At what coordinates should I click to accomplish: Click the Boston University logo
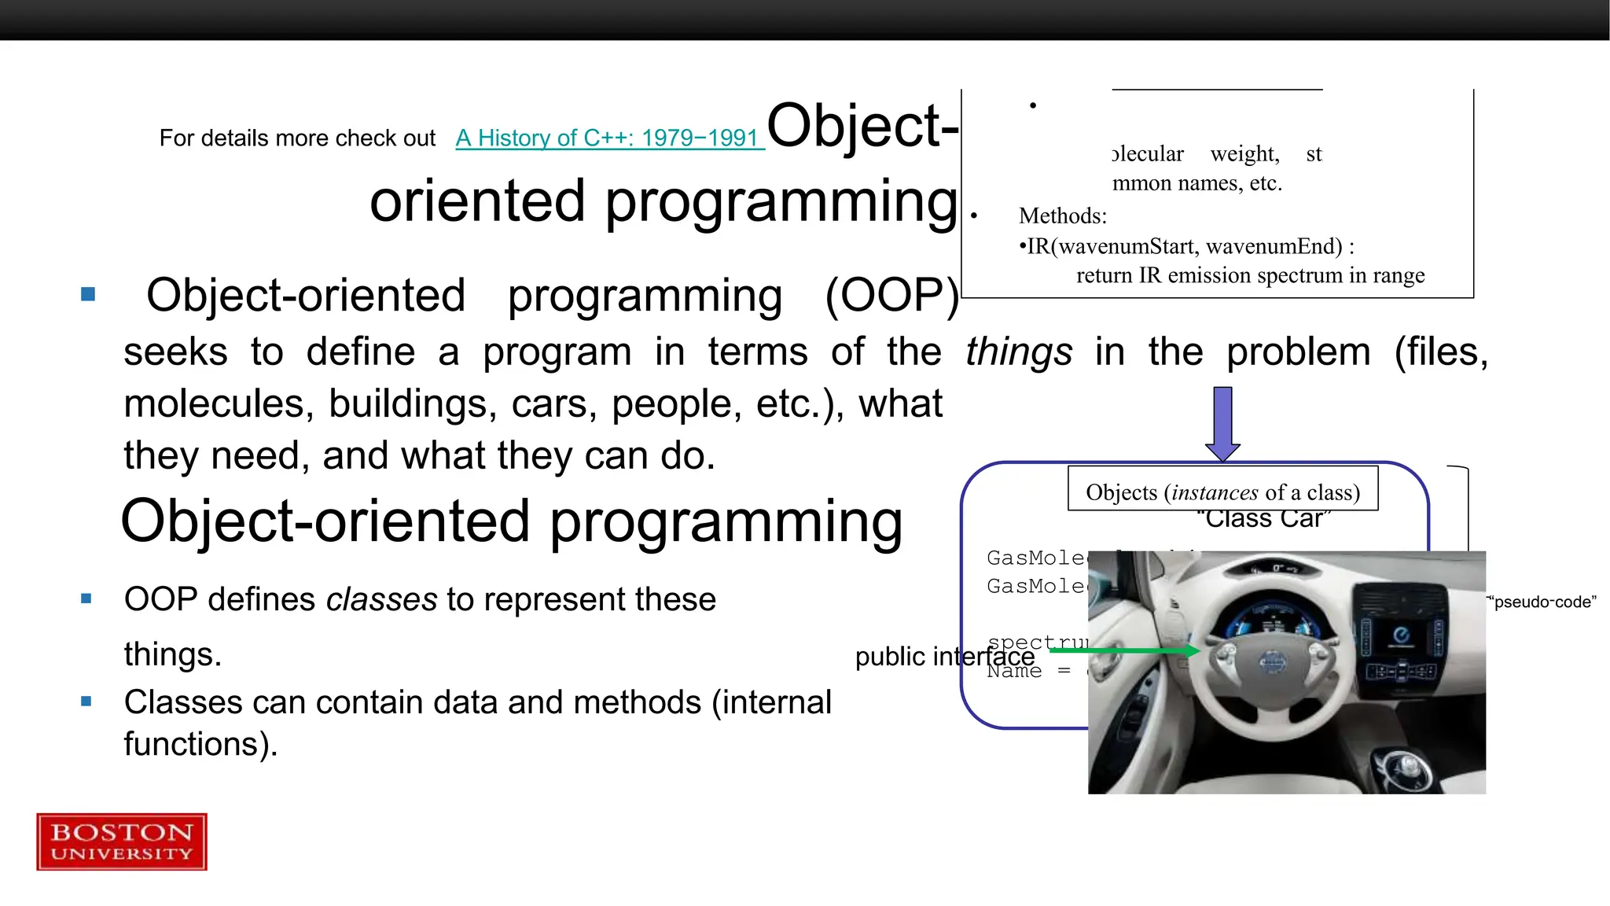coord(122,842)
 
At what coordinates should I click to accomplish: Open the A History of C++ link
coord(609,138)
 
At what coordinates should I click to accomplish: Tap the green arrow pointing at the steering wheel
coord(1124,650)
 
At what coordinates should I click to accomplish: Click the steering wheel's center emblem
coord(1272,661)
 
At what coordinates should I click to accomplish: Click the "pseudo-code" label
coord(1542,602)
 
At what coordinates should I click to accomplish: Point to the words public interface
coord(943,656)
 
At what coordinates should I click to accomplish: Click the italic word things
coord(1018,352)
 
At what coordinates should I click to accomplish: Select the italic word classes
coord(381,599)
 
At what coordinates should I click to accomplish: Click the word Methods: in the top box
coord(1062,215)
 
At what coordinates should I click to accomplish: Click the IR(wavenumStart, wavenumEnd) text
coord(1185,246)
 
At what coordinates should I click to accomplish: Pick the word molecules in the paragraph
coord(213,404)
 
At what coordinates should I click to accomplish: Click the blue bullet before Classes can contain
coord(86,702)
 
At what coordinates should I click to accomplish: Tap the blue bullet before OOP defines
coord(86,598)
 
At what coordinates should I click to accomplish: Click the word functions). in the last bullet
coord(200,744)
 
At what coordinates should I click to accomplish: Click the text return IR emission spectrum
coord(1250,275)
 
